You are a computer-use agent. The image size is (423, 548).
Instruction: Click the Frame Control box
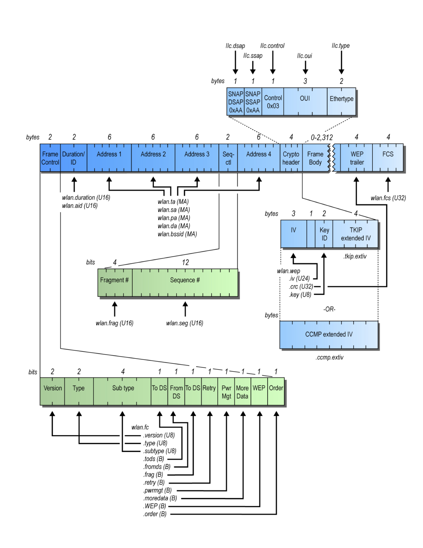click(50, 158)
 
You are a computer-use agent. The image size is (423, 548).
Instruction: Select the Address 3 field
click(197, 158)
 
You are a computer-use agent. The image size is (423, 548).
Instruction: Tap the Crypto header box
click(291, 158)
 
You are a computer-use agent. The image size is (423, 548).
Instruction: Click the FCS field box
click(387, 158)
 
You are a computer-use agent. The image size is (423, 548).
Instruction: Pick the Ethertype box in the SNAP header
click(341, 101)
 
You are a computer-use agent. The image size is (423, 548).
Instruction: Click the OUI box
click(305, 101)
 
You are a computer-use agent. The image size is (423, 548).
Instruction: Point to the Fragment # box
click(115, 283)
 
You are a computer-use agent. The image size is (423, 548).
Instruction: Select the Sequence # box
click(185, 283)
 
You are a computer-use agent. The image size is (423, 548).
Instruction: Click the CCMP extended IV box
click(329, 334)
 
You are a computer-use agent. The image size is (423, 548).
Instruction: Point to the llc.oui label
click(304, 56)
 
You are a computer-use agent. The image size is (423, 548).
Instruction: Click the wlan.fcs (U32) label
click(388, 198)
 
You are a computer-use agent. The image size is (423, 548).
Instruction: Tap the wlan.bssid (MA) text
click(177, 234)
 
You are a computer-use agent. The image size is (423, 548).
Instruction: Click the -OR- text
click(329, 309)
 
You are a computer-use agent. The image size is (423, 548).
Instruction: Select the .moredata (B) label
click(160, 498)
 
